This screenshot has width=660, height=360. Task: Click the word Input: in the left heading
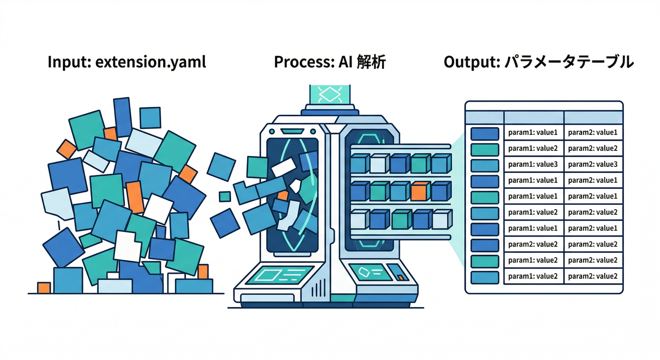point(69,63)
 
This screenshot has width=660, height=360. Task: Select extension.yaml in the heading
point(150,63)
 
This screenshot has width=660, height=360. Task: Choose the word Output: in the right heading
point(472,63)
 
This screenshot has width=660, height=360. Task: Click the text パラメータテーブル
point(570,63)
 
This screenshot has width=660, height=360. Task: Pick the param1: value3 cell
point(533,165)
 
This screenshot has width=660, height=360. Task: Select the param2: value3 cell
point(592,165)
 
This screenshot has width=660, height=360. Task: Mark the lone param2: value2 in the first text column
point(533,244)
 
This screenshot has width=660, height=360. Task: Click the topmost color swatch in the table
point(485,133)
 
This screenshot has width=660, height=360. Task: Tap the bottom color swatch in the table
point(485,277)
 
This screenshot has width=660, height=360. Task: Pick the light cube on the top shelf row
point(378,164)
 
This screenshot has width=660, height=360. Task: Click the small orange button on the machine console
point(400,277)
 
